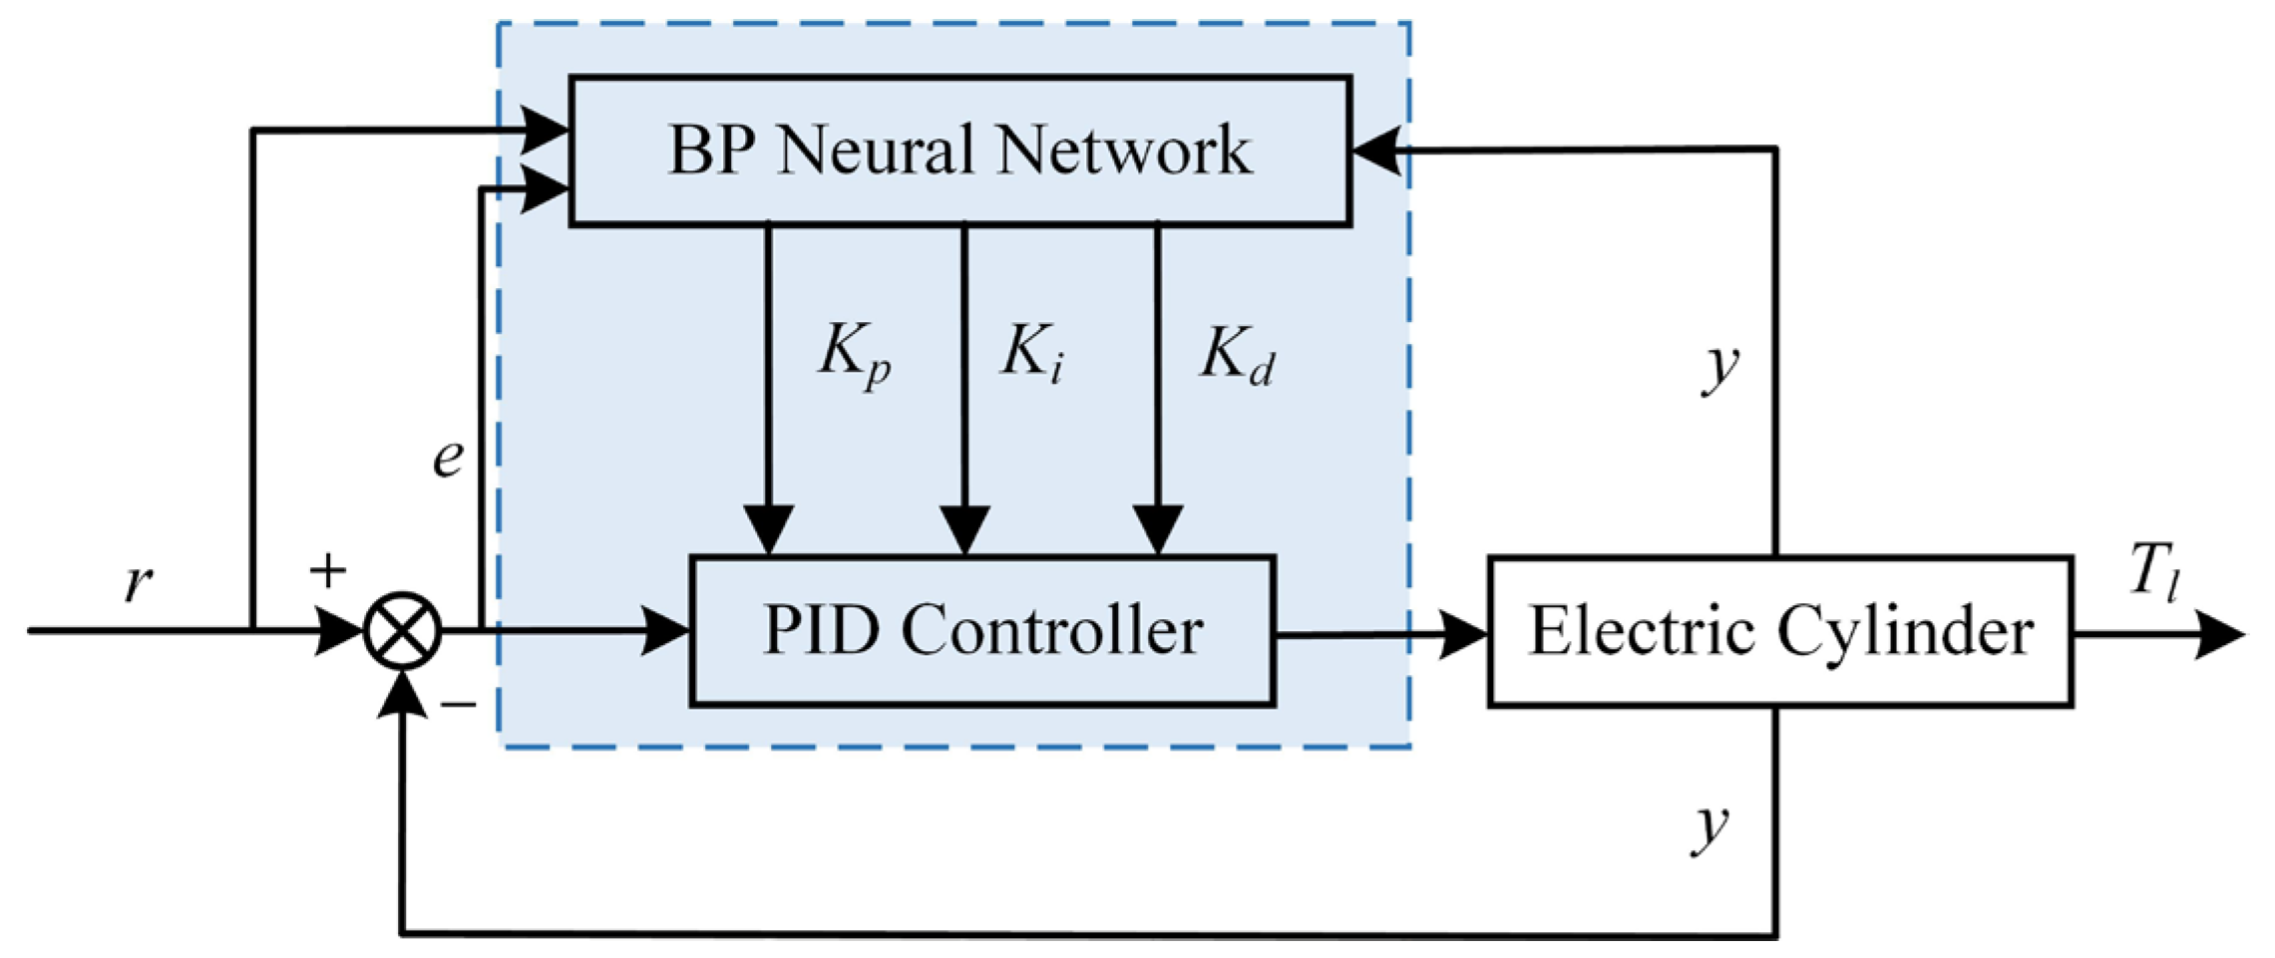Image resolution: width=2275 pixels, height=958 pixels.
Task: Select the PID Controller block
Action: tap(982, 631)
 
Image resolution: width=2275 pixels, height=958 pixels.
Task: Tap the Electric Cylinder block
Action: tap(1780, 632)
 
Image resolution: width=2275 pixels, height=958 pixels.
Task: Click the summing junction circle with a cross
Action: tap(402, 631)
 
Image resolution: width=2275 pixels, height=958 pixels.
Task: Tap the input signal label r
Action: tap(139, 581)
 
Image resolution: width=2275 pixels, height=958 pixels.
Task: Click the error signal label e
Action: tap(448, 458)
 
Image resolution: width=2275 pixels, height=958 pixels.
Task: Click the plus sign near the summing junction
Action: tap(327, 570)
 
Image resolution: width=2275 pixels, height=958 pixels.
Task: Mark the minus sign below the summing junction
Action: tap(459, 706)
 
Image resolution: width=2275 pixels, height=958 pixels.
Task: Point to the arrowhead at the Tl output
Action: tap(2219, 634)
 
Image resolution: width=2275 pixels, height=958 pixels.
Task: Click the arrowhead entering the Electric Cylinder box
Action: tap(1464, 634)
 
